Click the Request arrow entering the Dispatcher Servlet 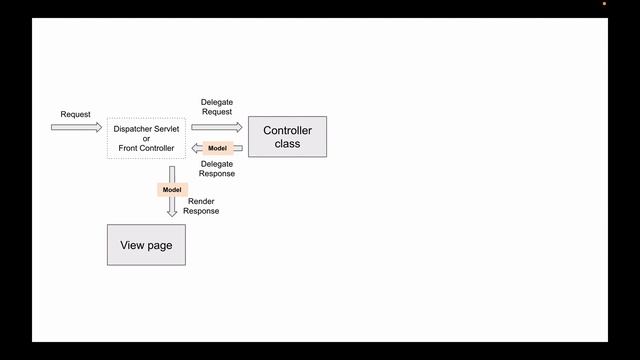(x=77, y=128)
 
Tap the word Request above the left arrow (x=75, y=115)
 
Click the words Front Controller (x=147, y=148)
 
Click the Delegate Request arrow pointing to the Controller (x=217, y=127)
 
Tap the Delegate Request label (x=217, y=108)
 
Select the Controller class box (x=287, y=136)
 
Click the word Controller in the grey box (x=287, y=130)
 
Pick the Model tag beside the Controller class (x=217, y=148)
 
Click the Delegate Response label (x=217, y=168)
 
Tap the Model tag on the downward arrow (x=172, y=189)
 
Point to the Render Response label (x=201, y=206)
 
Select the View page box (x=146, y=245)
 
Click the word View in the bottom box (x=133, y=245)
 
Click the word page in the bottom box (x=160, y=246)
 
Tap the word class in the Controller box (x=287, y=143)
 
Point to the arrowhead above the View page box (x=172, y=212)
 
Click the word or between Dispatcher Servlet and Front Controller (x=147, y=138)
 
